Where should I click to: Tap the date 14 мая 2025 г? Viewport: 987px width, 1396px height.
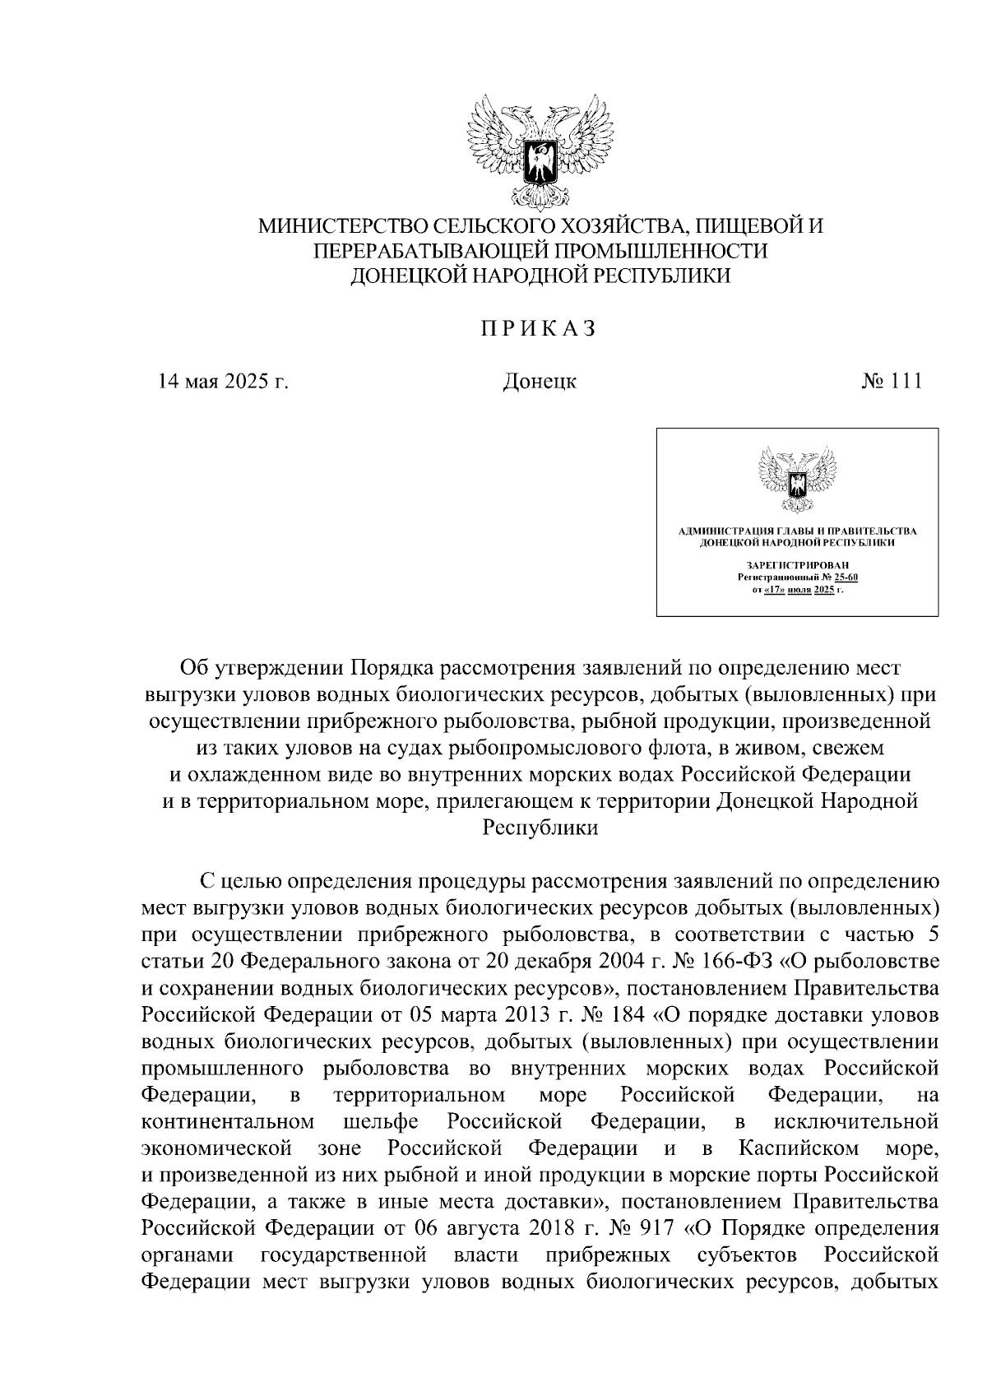pos(224,382)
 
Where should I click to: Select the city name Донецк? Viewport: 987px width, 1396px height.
pos(539,382)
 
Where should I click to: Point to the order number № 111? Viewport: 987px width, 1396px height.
pos(892,382)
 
